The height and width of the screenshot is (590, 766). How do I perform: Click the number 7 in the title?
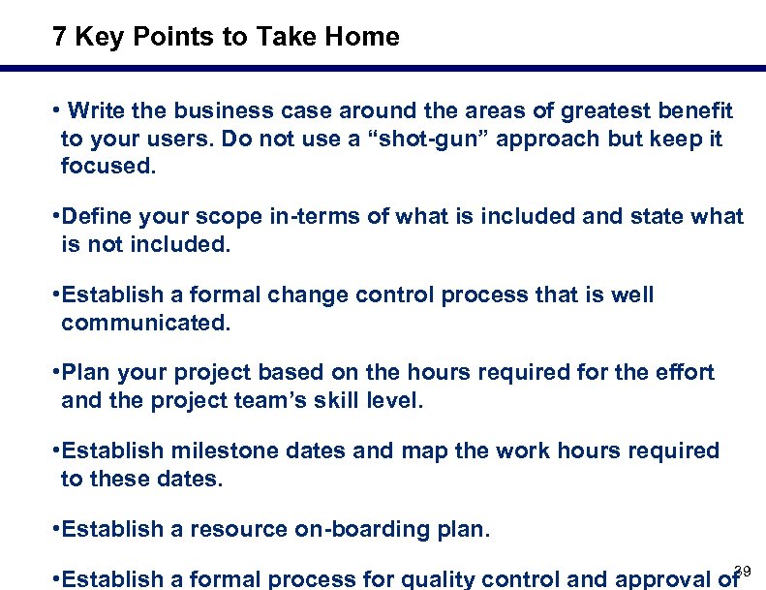(x=60, y=37)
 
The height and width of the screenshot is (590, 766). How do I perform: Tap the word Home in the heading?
(x=362, y=37)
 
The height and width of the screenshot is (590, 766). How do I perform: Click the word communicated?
(x=146, y=322)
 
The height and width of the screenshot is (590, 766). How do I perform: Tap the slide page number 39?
(x=743, y=570)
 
